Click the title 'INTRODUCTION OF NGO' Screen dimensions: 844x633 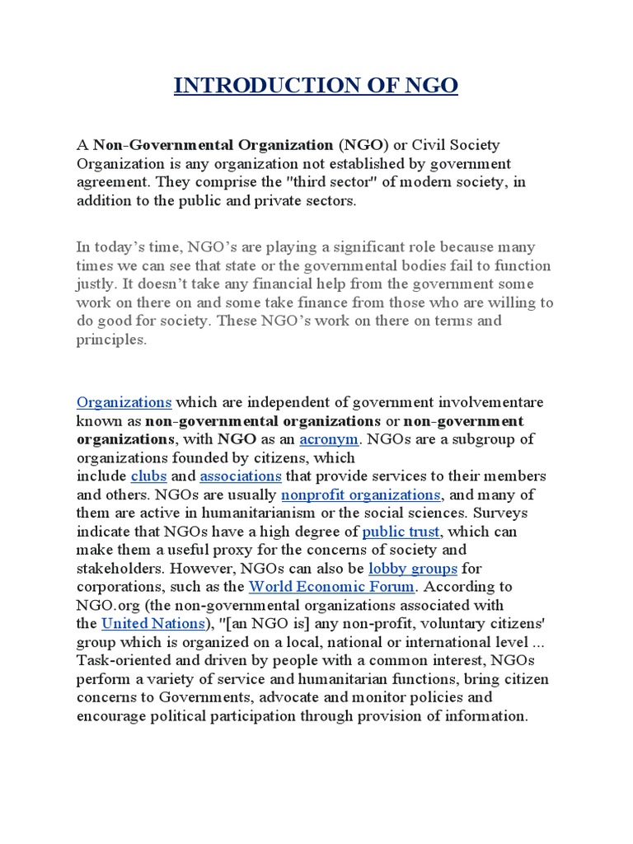click(x=316, y=86)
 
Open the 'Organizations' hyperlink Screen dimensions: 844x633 click(x=124, y=402)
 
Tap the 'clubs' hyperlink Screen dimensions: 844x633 click(x=148, y=476)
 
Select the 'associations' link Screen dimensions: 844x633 click(x=241, y=476)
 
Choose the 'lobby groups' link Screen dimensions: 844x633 click(x=412, y=569)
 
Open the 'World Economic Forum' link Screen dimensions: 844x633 click(x=331, y=587)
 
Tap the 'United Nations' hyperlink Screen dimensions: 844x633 click(x=153, y=623)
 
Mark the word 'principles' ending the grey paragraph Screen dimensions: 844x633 click(x=111, y=339)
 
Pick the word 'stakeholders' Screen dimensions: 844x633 click(x=118, y=569)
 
